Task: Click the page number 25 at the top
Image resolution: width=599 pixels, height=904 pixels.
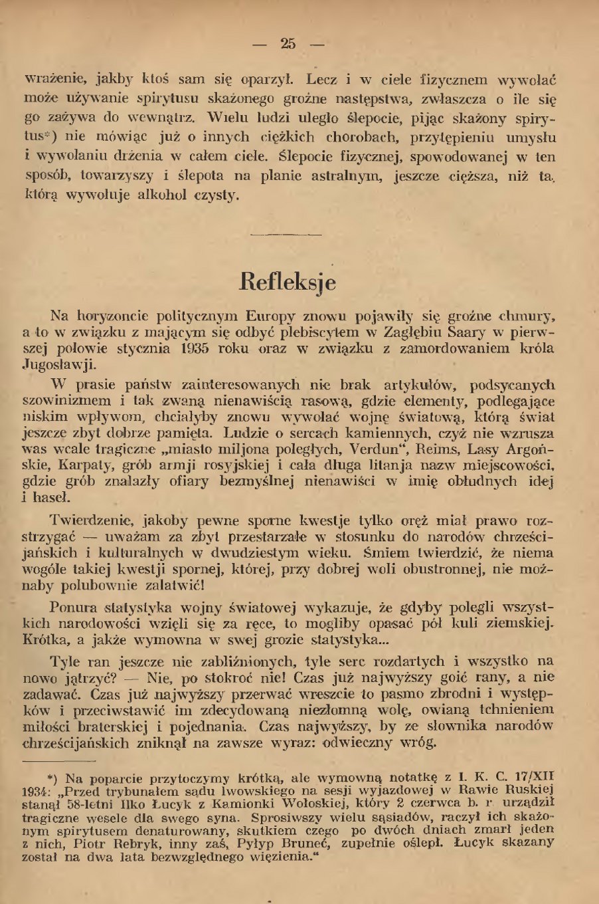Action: point(288,44)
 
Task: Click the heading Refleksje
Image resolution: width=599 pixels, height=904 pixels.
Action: point(288,282)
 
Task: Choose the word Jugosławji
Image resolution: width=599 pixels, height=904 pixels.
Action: point(60,365)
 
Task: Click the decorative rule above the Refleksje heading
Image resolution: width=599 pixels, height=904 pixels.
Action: point(287,235)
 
